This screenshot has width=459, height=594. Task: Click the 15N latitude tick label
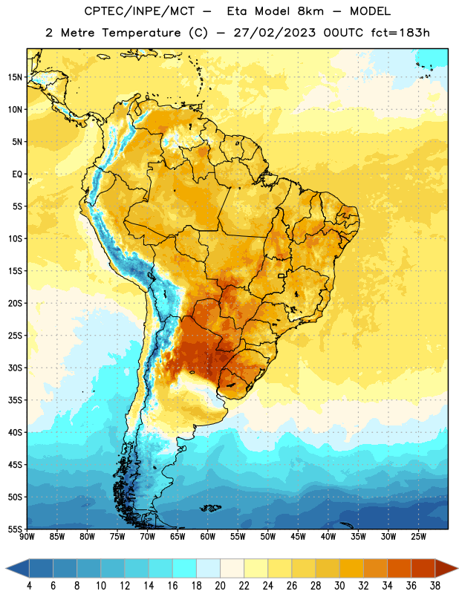click(x=15, y=77)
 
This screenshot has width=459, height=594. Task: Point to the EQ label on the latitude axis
click(x=17, y=174)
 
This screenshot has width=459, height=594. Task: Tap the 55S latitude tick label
click(x=15, y=529)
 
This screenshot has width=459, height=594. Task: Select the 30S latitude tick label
click(x=15, y=368)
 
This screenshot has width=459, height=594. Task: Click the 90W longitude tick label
click(x=27, y=537)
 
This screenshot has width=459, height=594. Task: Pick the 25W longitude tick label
click(x=418, y=537)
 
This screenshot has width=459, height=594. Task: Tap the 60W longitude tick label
click(x=208, y=537)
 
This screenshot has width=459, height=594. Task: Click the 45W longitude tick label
click(x=298, y=537)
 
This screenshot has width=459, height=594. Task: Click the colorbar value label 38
click(x=435, y=586)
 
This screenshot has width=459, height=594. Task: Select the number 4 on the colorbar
click(x=29, y=586)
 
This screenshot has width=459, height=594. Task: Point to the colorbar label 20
click(x=220, y=586)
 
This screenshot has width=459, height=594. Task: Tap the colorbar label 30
click(x=339, y=586)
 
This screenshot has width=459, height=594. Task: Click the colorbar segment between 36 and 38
click(x=423, y=568)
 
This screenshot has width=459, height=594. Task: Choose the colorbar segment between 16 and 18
click(x=185, y=568)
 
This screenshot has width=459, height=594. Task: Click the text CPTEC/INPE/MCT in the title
click(x=139, y=11)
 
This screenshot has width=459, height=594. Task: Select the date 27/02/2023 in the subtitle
click(x=274, y=33)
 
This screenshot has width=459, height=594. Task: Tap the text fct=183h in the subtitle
click(x=400, y=33)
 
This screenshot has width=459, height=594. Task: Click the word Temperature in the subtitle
click(x=141, y=33)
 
